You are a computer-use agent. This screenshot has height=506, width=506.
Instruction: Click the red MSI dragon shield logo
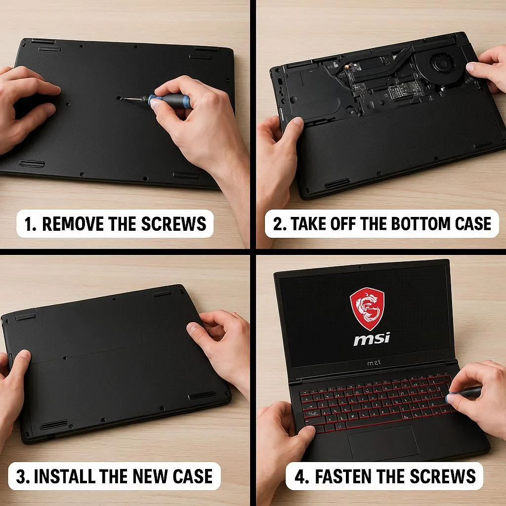[367, 309]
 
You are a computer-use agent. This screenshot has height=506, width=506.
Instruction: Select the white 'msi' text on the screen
[372, 339]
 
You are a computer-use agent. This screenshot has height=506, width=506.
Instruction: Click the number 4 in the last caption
[300, 476]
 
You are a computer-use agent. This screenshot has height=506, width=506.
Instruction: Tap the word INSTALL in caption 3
[65, 476]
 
